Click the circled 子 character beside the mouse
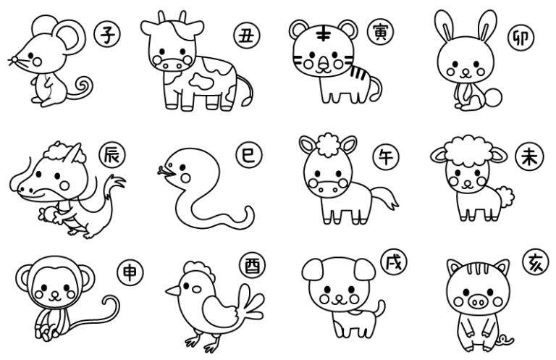coord(107,34)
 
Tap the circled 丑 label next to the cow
coord(247,35)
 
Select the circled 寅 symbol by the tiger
coord(381,32)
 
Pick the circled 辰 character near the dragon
coord(112,155)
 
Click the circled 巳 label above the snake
coord(248,155)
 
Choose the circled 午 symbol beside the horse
coord(386,156)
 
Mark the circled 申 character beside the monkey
coord(130,272)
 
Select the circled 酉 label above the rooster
coord(252,265)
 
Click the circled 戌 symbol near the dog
coord(394,262)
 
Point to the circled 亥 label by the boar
coord(536,263)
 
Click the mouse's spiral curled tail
coord(85,87)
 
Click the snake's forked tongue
coord(163,171)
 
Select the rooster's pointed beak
coord(173,291)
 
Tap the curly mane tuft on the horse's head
coord(328,143)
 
